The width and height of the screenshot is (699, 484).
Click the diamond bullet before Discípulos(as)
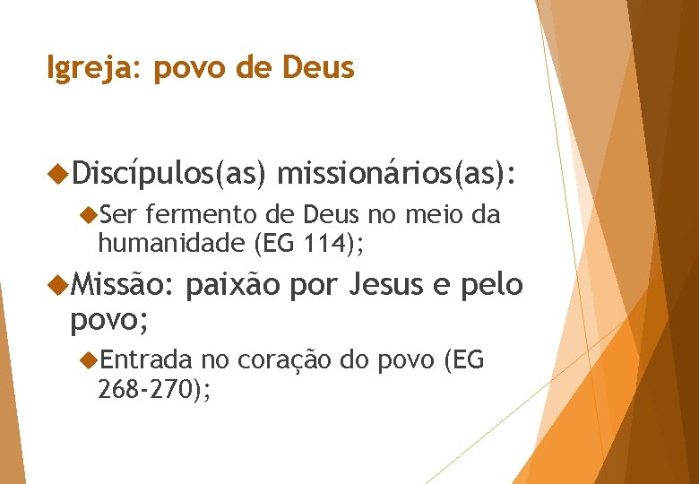59,169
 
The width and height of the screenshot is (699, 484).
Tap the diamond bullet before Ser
88,215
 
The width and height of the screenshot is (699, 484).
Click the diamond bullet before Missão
59,285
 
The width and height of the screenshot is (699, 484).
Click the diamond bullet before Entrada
88,360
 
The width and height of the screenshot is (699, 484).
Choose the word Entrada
146,360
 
